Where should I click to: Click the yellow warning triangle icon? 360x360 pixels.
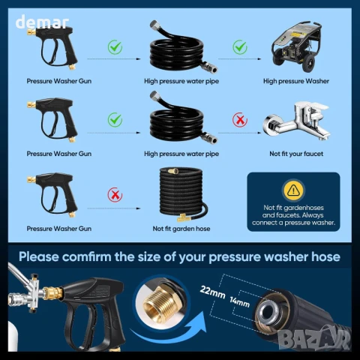click(x=293, y=190)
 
